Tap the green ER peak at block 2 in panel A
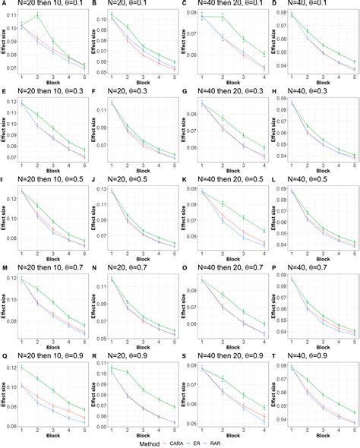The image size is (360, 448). (x=38, y=15)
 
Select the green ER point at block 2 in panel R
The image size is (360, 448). (x=127, y=371)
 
